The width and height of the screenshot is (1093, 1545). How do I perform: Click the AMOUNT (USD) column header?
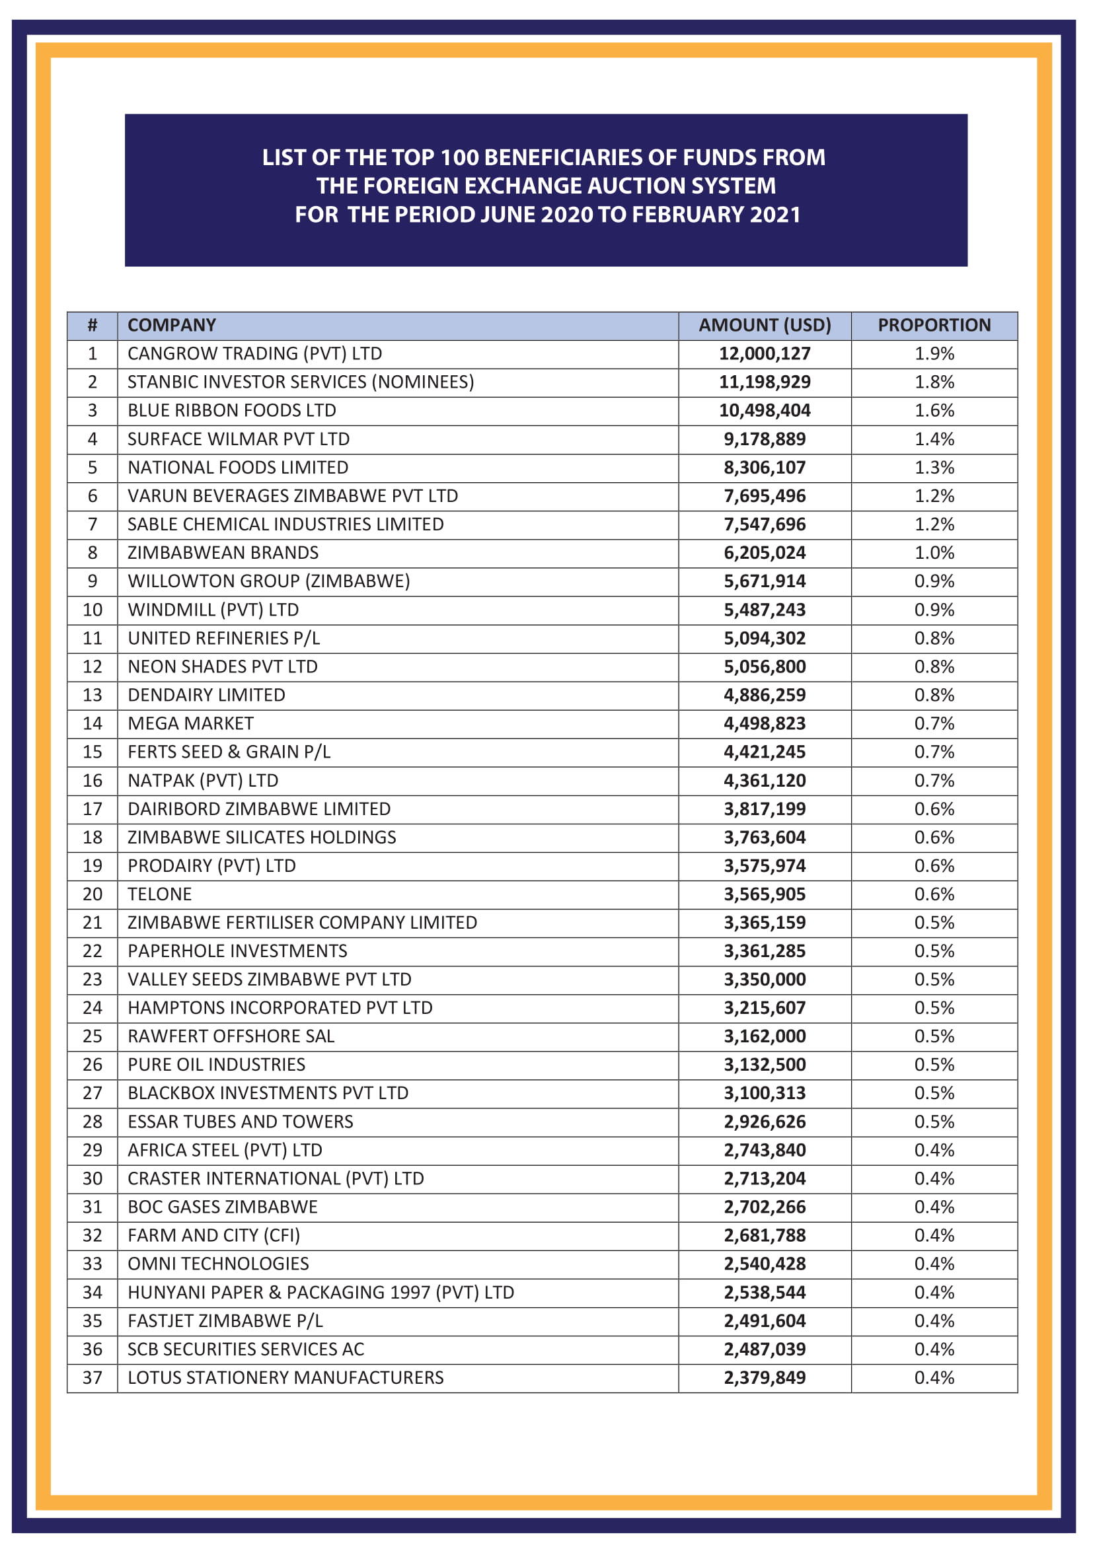(x=765, y=326)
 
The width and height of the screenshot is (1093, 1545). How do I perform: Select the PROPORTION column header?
(x=934, y=326)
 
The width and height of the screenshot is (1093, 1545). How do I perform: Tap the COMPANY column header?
(x=172, y=326)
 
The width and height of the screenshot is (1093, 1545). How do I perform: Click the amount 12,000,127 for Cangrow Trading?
(x=765, y=354)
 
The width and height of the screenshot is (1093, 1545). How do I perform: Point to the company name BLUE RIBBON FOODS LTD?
(x=231, y=410)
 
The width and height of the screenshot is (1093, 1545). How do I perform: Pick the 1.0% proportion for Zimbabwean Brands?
(x=934, y=553)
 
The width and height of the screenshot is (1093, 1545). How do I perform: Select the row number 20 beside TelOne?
(x=93, y=894)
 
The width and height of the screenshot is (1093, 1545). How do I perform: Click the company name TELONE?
(x=159, y=894)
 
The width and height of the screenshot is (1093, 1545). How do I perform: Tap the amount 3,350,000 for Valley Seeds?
(x=765, y=980)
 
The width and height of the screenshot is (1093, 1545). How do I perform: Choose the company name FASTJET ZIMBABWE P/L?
(x=225, y=1321)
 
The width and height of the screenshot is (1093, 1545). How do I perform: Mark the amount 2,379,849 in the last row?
(x=765, y=1377)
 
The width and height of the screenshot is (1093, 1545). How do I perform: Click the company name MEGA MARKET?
(x=190, y=723)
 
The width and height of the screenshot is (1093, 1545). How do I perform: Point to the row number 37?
(x=93, y=1377)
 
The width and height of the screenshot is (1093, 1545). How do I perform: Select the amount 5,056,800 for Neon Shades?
(x=765, y=667)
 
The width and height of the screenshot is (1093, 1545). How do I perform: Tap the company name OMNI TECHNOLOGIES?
(x=218, y=1264)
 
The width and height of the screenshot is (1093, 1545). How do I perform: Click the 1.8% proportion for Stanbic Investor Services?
(x=934, y=382)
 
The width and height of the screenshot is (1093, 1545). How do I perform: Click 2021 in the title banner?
(x=774, y=215)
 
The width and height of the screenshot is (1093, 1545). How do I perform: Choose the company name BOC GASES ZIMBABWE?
(x=222, y=1207)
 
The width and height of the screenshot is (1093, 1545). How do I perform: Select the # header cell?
(x=93, y=326)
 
